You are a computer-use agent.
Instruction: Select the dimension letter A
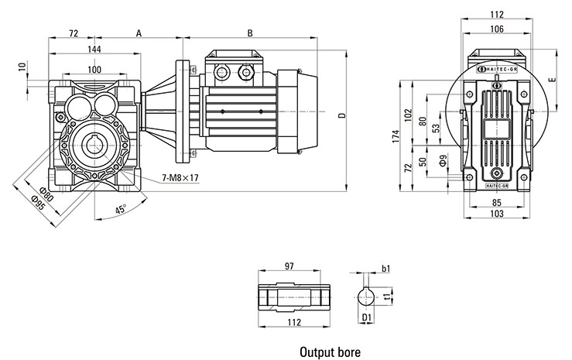point(138,33)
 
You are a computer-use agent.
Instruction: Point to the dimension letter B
point(250,33)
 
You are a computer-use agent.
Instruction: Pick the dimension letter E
point(551,80)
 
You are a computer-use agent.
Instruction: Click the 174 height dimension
point(395,137)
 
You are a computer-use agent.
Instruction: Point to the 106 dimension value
point(496,29)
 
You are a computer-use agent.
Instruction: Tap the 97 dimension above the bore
point(289,266)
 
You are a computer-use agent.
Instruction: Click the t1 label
point(389,295)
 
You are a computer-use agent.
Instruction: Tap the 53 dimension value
point(437,128)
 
